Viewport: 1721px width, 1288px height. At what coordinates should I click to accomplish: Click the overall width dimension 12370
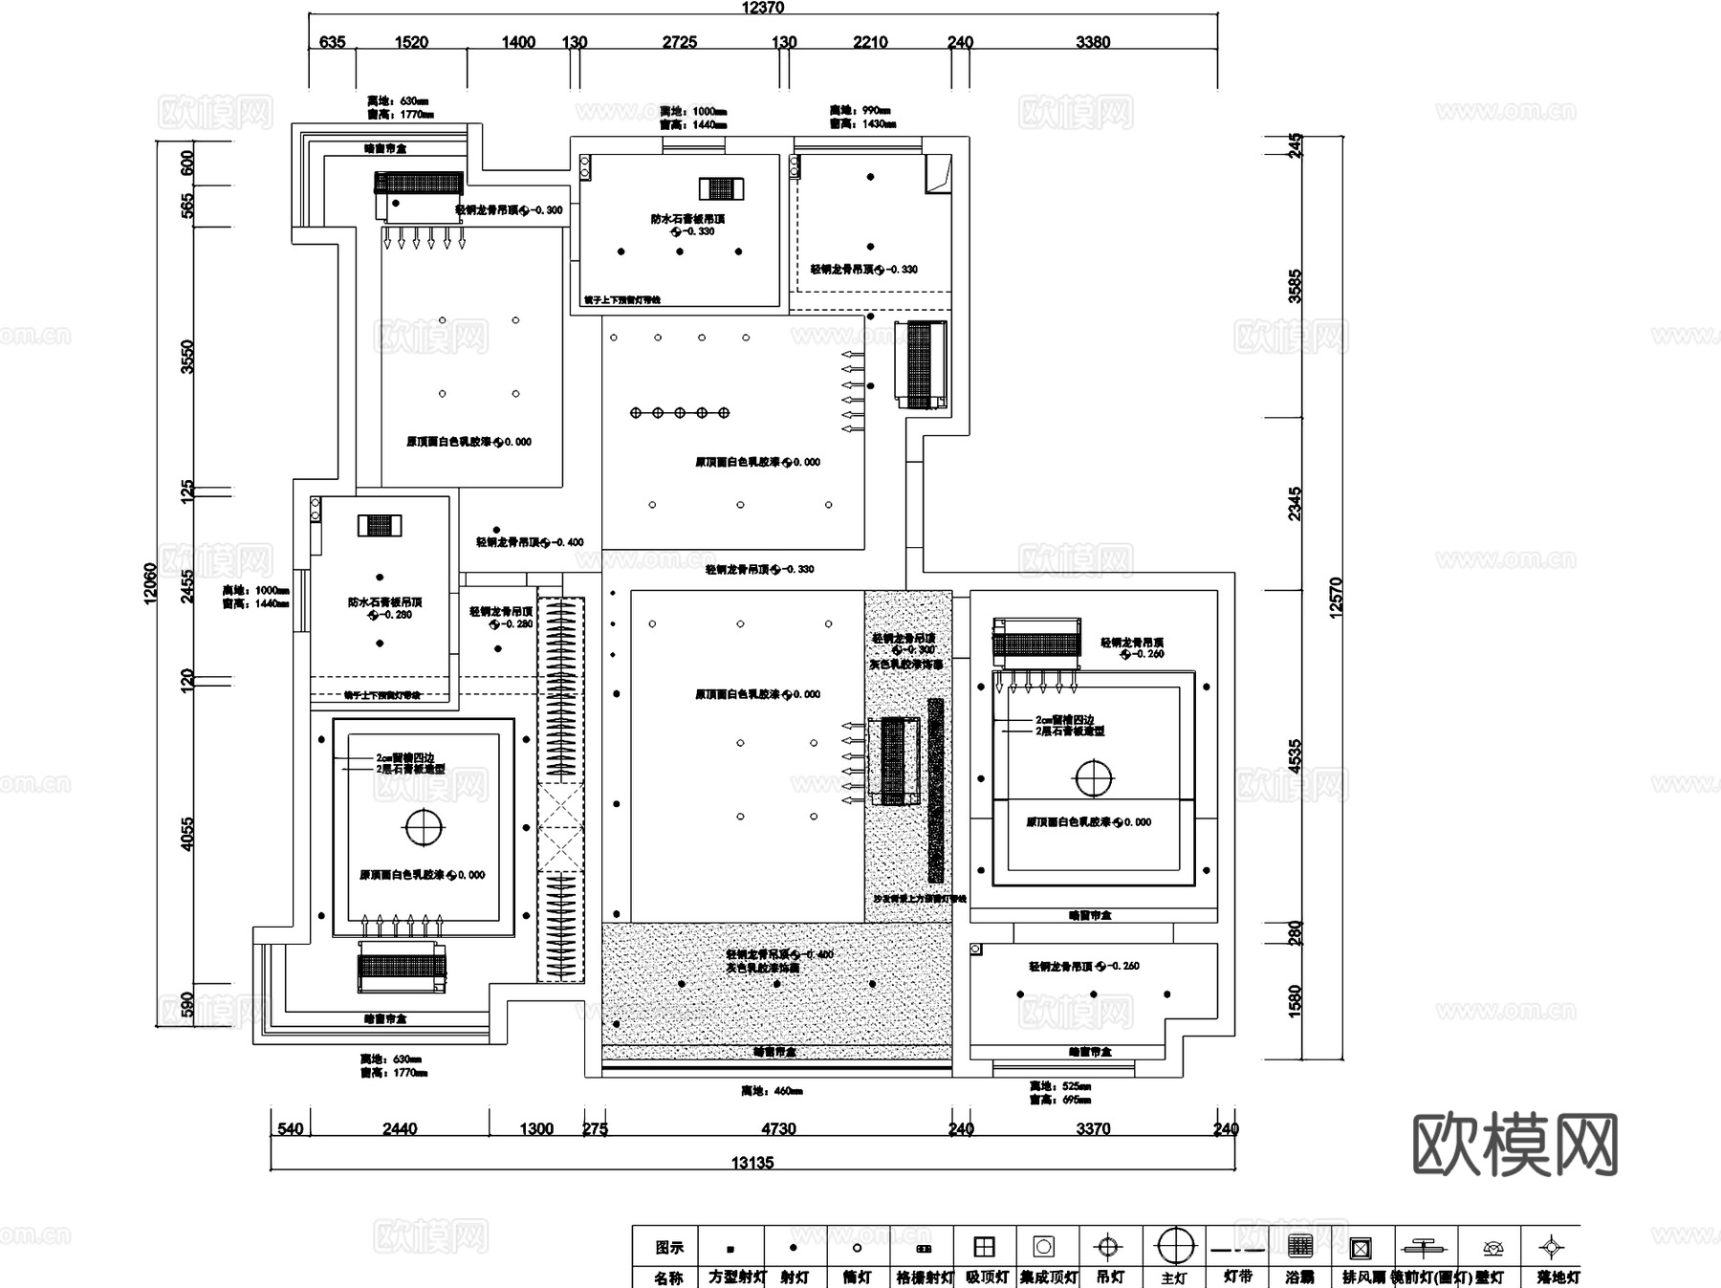tap(762, 8)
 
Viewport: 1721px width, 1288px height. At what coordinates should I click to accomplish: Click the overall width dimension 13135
tap(752, 1163)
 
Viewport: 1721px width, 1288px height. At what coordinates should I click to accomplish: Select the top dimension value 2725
tap(679, 42)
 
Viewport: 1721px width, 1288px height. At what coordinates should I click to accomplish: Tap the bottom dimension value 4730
tap(778, 1128)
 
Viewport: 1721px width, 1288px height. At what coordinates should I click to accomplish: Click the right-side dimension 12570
tap(1336, 597)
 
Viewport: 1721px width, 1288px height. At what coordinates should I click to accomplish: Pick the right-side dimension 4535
tap(1295, 756)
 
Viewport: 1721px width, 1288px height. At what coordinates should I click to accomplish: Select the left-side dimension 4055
tap(187, 833)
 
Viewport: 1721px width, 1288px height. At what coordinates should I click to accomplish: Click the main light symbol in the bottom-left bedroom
tap(424, 827)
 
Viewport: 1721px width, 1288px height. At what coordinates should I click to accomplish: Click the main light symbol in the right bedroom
tap(1094, 778)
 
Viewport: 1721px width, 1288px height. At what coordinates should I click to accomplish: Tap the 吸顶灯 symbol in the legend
tap(984, 1247)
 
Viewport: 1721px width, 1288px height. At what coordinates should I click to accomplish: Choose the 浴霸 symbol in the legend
tap(1299, 1247)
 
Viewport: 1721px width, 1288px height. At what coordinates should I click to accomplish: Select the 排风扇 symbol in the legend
tap(1361, 1248)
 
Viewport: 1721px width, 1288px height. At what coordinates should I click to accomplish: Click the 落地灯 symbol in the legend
tap(1551, 1247)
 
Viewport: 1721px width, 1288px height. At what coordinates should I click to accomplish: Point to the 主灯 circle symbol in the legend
tap(1175, 1246)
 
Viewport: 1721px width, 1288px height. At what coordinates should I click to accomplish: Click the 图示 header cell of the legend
tap(668, 1247)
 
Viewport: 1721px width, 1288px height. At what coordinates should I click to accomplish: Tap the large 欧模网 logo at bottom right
tap(1514, 1145)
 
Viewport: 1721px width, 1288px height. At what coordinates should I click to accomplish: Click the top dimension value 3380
tap(1092, 42)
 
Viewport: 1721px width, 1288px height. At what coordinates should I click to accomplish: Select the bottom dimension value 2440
tap(399, 1128)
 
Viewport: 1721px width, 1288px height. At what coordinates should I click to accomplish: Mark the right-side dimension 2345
tap(1295, 504)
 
